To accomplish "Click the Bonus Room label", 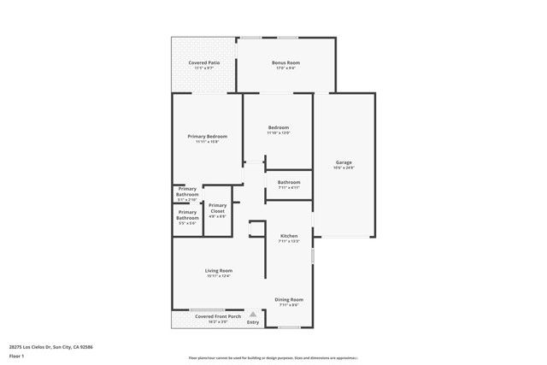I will pyautogui.click(x=285, y=62).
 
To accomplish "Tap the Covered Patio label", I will pyautogui.click(x=203, y=62).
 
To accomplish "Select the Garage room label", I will pyautogui.click(x=344, y=162).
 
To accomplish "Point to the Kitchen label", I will pyautogui.click(x=289, y=235).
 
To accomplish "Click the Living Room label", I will pyautogui.click(x=219, y=270).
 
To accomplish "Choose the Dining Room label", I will pyautogui.click(x=289, y=299).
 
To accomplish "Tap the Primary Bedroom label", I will pyautogui.click(x=208, y=136).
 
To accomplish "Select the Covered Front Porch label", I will pyautogui.click(x=211, y=316).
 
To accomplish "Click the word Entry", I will pyautogui.click(x=253, y=322).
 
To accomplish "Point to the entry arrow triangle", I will pyautogui.click(x=253, y=314).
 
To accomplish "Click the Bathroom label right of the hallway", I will pyautogui.click(x=289, y=181).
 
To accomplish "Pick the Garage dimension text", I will pyautogui.click(x=344, y=168).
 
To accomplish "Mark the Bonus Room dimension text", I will pyautogui.click(x=285, y=68).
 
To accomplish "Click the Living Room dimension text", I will pyautogui.click(x=219, y=276).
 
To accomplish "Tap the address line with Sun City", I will pyautogui.click(x=50, y=346).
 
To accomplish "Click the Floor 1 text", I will pyautogui.click(x=17, y=356).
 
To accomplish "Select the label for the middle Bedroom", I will pyautogui.click(x=279, y=127).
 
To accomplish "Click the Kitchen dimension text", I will pyautogui.click(x=289, y=241).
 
